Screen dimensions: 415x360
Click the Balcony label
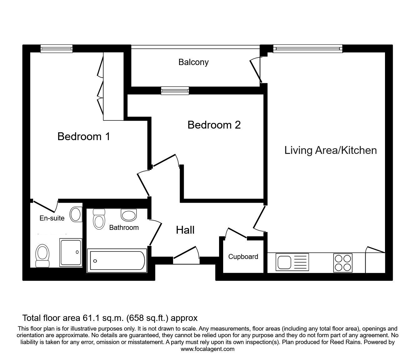click(x=193, y=62)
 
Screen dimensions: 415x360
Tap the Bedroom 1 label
click(x=84, y=136)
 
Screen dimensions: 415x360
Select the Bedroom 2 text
click(x=214, y=125)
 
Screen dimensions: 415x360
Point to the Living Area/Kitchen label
click(x=331, y=150)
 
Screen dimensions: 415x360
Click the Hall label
click(x=185, y=230)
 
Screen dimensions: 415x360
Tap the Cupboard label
click(x=243, y=257)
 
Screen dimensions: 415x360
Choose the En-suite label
click(x=52, y=218)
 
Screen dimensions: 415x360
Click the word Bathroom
click(x=124, y=227)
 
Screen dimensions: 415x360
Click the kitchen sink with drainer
click(x=292, y=262)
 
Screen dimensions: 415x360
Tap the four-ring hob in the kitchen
click(x=343, y=263)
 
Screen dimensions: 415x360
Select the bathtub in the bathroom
click(x=117, y=261)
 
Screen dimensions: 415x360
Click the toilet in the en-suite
click(x=42, y=256)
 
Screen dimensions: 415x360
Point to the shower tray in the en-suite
click(x=71, y=252)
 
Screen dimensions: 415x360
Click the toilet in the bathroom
click(x=99, y=219)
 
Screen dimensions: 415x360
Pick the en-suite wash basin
click(x=76, y=214)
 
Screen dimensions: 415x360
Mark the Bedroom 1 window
click(x=57, y=48)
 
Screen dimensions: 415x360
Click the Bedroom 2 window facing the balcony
click(x=175, y=91)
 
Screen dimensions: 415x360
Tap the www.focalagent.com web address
click(x=207, y=349)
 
